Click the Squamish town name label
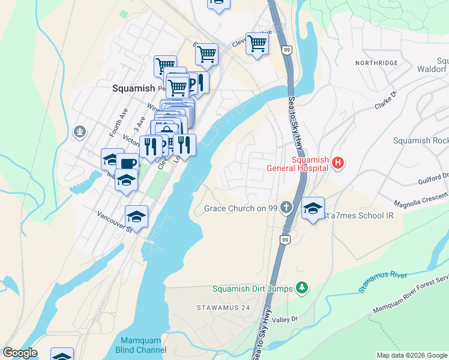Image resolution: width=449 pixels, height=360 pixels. point(133,88)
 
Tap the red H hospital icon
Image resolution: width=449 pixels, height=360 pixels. point(338,163)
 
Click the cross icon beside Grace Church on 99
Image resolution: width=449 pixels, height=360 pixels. point(287,208)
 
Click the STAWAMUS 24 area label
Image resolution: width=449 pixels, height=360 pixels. point(223,307)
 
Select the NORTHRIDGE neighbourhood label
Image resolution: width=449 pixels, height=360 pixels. point(376,63)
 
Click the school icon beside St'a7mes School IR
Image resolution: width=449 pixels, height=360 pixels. point(313,208)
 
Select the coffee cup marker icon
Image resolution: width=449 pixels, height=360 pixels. point(127,163)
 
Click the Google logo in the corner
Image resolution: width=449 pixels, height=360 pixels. point(20,353)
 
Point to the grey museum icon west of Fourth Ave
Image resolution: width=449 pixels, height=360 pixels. point(79,131)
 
